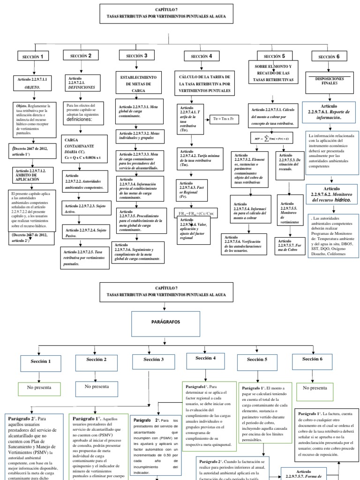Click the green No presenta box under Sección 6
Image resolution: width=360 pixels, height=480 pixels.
click(x=315, y=389)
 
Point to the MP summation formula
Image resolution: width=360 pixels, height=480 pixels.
click(x=274, y=138)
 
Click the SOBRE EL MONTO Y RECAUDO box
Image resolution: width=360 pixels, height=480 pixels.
click(x=274, y=74)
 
